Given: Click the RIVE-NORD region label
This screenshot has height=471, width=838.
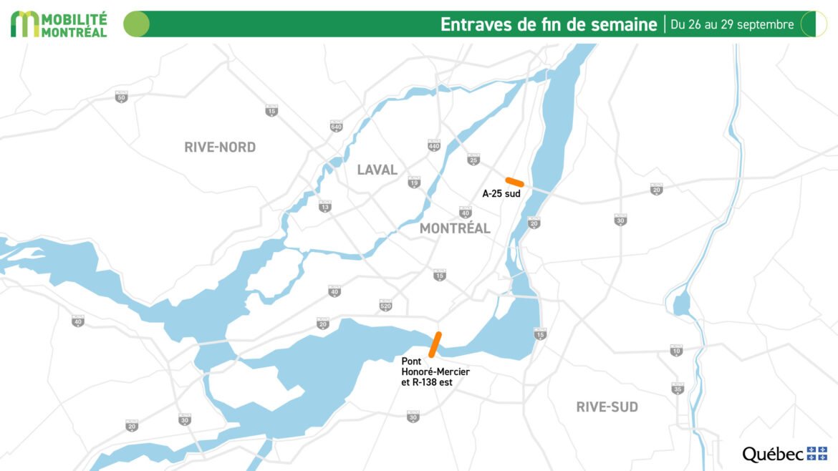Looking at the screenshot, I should (x=220, y=147).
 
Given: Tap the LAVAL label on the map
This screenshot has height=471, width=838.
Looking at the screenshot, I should (x=377, y=170).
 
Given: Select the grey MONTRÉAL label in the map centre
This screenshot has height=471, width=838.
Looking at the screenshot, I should (x=455, y=228).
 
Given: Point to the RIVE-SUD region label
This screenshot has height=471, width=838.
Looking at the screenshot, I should (x=607, y=407).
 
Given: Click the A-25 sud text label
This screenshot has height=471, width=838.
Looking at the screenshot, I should (x=501, y=193).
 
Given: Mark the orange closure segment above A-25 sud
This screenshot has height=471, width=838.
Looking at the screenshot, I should (x=515, y=182).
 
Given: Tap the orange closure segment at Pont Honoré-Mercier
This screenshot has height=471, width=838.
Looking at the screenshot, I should (x=435, y=344).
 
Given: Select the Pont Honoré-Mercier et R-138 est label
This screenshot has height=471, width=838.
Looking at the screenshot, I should (x=435, y=372).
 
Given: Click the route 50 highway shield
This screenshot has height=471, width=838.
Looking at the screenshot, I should (x=121, y=97).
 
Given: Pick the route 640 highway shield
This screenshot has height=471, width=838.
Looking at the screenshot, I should (x=336, y=126).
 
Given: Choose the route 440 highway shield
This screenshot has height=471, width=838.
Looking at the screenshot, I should (x=433, y=145).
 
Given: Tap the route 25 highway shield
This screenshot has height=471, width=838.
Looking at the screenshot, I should (x=473, y=159).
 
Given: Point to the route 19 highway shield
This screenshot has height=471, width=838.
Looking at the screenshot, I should (x=414, y=183).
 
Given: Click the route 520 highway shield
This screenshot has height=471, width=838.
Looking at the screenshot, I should (x=385, y=305).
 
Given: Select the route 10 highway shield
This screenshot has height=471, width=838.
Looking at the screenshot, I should (x=676, y=350).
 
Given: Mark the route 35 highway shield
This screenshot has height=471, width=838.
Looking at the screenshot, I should (x=678, y=389).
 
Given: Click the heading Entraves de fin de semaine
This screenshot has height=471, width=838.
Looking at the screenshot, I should (x=548, y=24).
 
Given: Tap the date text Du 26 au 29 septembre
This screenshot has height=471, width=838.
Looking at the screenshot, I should (x=732, y=24).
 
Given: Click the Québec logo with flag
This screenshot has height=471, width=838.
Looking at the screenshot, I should (x=784, y=454).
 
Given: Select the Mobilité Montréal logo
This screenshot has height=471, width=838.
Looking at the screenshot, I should (x=59, y=24).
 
